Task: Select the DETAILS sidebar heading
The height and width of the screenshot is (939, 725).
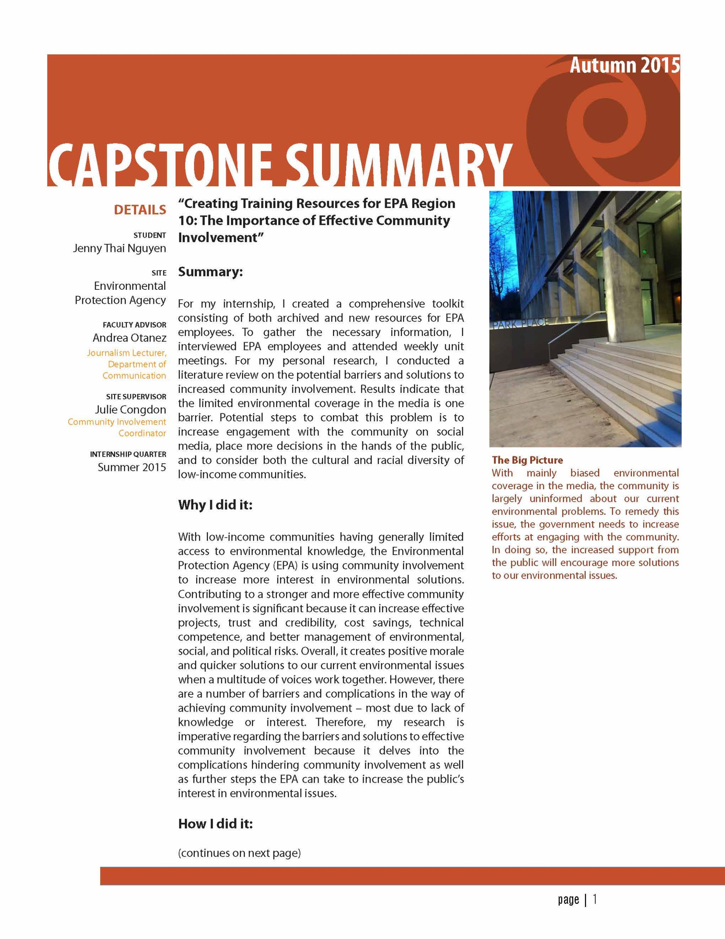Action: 140,210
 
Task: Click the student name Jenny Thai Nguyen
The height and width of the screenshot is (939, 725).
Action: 119,249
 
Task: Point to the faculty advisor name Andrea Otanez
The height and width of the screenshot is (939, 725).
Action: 129,338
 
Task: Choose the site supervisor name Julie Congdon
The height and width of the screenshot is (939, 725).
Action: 130,410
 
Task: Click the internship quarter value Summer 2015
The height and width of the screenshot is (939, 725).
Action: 132,467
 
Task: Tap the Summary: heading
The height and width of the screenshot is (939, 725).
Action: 210,272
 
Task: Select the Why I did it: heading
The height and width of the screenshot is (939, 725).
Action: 215,504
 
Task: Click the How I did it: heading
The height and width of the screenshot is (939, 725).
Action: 215,824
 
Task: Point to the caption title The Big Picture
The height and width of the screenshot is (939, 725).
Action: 527,460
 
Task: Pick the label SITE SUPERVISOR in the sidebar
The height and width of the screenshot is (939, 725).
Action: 136,397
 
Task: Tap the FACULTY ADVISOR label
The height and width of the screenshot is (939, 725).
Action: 134,325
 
